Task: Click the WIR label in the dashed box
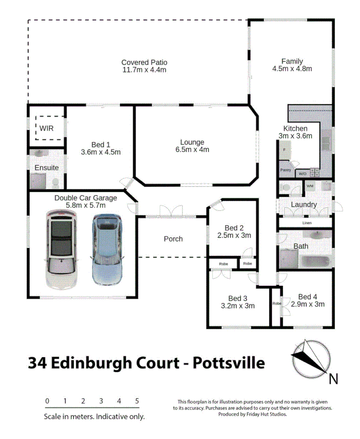(46, 128)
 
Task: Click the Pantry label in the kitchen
(286, 170)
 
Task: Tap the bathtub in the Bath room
(316, 261)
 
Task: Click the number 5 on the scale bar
(137, 401)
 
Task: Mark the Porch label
(173, 239)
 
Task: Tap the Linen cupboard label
(306, 223)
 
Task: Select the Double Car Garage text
(86, 198)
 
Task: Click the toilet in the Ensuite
(56, 182)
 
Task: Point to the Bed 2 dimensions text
(234, 235)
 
